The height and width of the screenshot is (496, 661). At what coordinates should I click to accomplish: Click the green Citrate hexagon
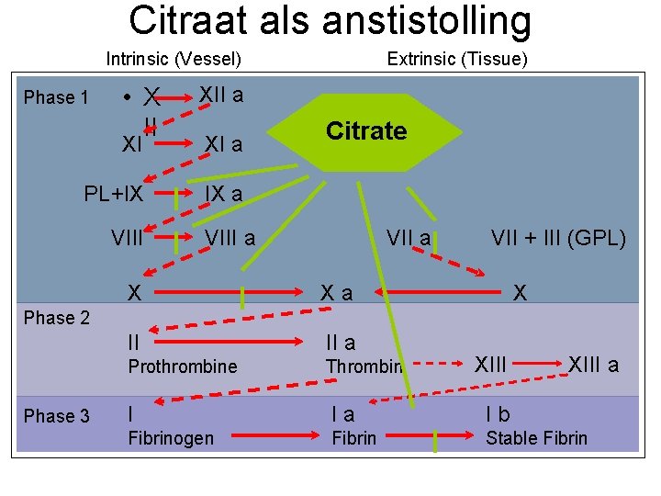tap(366, 131)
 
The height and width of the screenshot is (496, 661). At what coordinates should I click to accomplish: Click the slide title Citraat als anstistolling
tap(330, 21)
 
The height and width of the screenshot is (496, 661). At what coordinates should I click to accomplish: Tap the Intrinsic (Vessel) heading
tap(174, 60)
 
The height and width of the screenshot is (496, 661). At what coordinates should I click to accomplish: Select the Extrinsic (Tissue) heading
tap(457, 60)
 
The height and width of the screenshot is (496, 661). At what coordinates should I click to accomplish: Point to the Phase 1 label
tap(56, 97)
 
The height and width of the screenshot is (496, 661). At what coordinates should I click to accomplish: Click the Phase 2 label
tap(56, 318)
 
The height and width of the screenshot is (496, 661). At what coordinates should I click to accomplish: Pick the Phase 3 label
tap(56, 416)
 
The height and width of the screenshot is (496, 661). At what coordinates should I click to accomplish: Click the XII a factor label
tap(221, 95)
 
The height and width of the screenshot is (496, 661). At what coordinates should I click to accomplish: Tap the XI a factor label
tap(223, 144)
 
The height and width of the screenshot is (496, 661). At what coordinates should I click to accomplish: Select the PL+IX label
tap(113, 194)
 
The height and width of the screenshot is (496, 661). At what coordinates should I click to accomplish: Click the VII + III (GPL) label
tap(558, 240)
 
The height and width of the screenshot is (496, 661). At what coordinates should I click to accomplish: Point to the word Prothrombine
tap(182, 366)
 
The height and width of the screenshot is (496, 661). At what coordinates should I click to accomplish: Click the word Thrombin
tap(364, 366)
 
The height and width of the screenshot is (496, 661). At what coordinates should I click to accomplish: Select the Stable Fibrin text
tap(536, 438)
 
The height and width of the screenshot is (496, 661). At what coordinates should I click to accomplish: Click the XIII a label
tap(594, 365)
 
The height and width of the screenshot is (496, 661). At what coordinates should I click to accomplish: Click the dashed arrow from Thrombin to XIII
tap(439, 365)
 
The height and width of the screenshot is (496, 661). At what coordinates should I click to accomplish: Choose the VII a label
tap(409, 240)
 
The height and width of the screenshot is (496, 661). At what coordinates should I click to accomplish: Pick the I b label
tap(499, 415)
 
